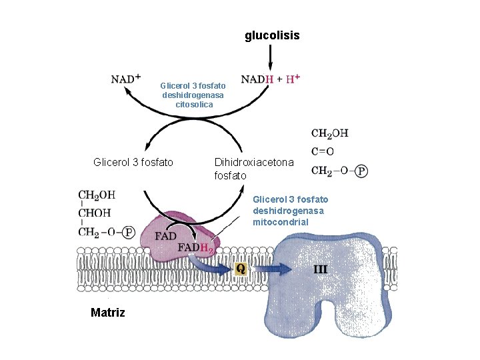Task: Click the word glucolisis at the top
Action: (272, 35)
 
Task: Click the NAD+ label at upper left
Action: (125, 79)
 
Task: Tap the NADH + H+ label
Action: (270, 79)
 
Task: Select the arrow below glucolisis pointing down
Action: (270, 59)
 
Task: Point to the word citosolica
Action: (193, 105)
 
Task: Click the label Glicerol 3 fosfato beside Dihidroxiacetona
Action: (133, 162)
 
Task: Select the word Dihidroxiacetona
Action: (253, 162)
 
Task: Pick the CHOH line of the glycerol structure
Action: (95, 214)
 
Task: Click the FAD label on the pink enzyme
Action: (165, 237)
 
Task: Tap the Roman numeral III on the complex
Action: (321, 269)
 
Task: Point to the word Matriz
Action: (107, 313)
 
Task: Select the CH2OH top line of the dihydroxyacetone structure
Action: (329, 134)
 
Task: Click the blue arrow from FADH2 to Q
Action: (217, 267)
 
